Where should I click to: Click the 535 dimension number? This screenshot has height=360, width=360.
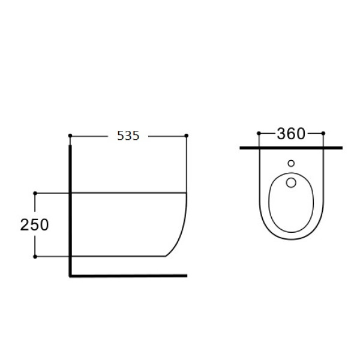[x=128, y=136]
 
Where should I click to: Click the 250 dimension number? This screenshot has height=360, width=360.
[x=34, y=225]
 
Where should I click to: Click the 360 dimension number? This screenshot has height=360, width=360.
[x=291, y=134]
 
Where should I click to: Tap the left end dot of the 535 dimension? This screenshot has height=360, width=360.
[x=70, y=136]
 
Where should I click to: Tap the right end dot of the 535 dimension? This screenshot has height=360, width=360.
[x=186, y=136]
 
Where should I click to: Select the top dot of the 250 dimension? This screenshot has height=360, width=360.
[x=35, y=193]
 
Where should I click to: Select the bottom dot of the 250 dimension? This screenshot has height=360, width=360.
[x=35, y=256]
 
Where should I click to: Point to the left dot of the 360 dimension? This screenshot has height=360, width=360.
[x=259, y=133]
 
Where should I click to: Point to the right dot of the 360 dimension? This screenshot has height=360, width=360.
[x=323, y=133]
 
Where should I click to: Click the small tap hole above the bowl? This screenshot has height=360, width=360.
[x=291, y=163]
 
